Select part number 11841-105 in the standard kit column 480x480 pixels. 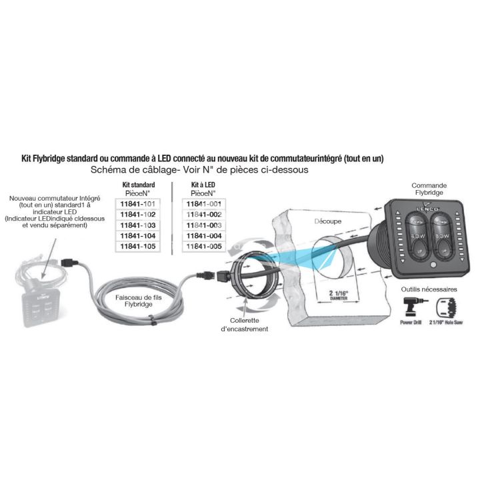click(137, 247)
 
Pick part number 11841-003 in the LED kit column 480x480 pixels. click(204, 225)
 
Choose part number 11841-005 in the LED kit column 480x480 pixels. click(204, 247)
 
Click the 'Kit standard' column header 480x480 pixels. click(135, 185)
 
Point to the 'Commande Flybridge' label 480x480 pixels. click(429, 190)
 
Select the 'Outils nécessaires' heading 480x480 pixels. click(429, 290)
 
